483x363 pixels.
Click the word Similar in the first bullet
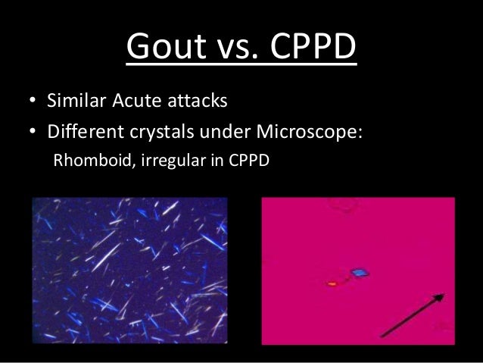tap(74, 102)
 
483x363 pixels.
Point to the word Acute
tap(138, 102)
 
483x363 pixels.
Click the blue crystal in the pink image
tap(358, 272)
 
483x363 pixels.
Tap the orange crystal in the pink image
tap(332, 284)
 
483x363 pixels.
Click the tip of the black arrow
tap(444, 295)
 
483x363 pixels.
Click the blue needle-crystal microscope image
tap(129, 270)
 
